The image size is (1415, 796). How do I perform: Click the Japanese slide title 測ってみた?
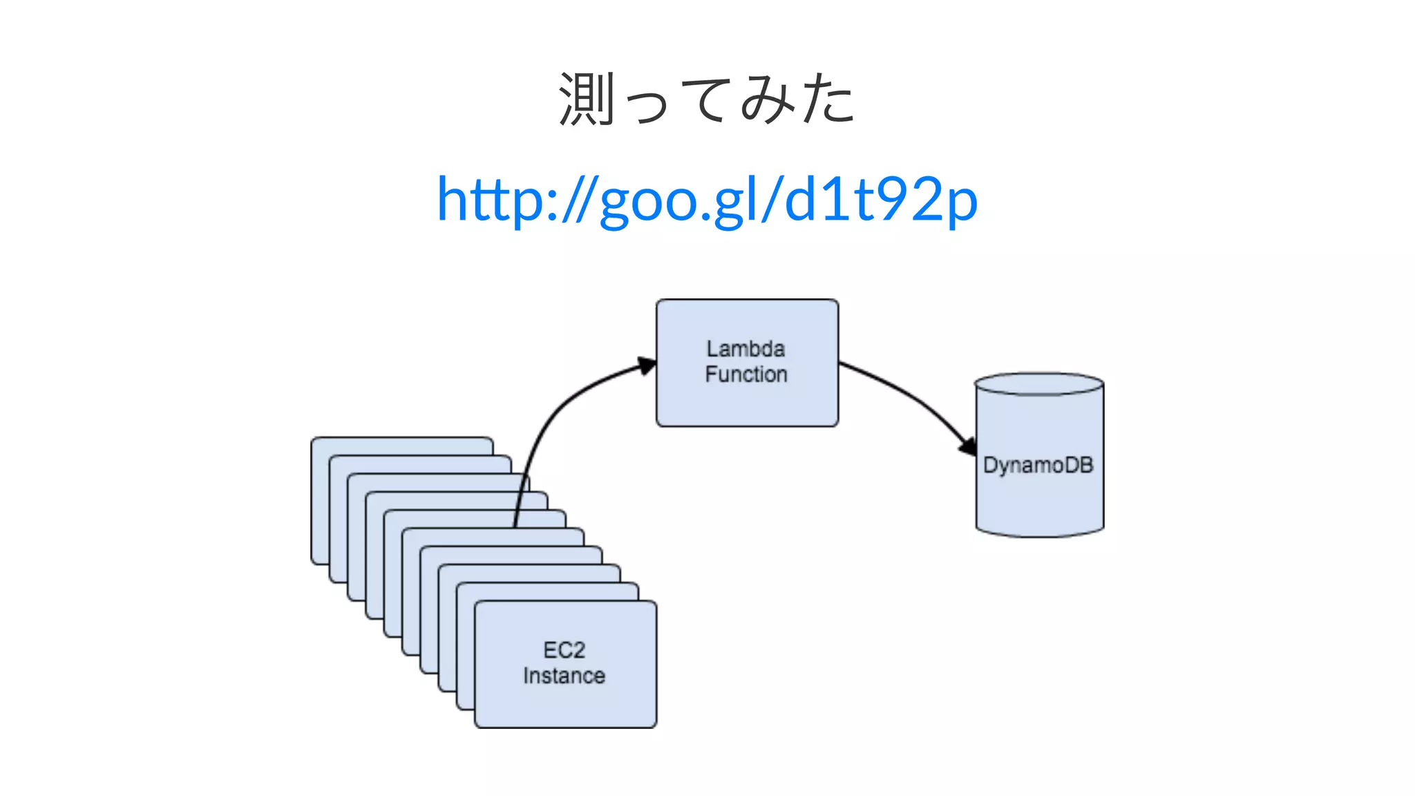707,99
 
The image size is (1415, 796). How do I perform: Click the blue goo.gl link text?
707,200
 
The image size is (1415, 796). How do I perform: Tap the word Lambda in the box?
746,348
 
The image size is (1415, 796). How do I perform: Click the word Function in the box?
746,375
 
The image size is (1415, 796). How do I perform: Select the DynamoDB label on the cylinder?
1038,465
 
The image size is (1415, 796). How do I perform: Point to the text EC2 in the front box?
564,650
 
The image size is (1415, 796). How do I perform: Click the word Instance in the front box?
564,676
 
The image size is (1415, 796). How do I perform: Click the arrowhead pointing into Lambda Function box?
647,366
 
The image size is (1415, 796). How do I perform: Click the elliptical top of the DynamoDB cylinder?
1038,384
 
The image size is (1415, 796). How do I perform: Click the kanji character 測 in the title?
586,99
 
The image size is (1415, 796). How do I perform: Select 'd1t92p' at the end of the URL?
881,200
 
